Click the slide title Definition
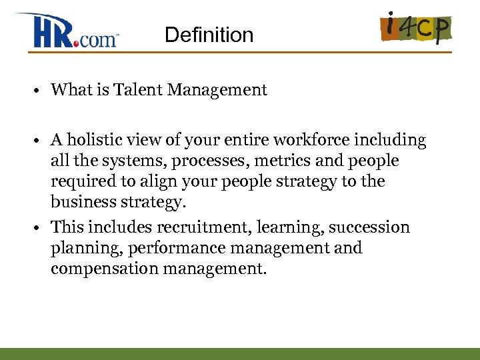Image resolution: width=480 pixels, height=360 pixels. (209, 35)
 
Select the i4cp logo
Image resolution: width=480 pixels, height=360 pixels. (416, 27)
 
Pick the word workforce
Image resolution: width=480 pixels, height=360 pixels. (313, 141)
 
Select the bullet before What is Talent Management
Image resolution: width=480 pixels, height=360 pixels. (41, 91)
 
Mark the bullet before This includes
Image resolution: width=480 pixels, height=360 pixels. (41, 228)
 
